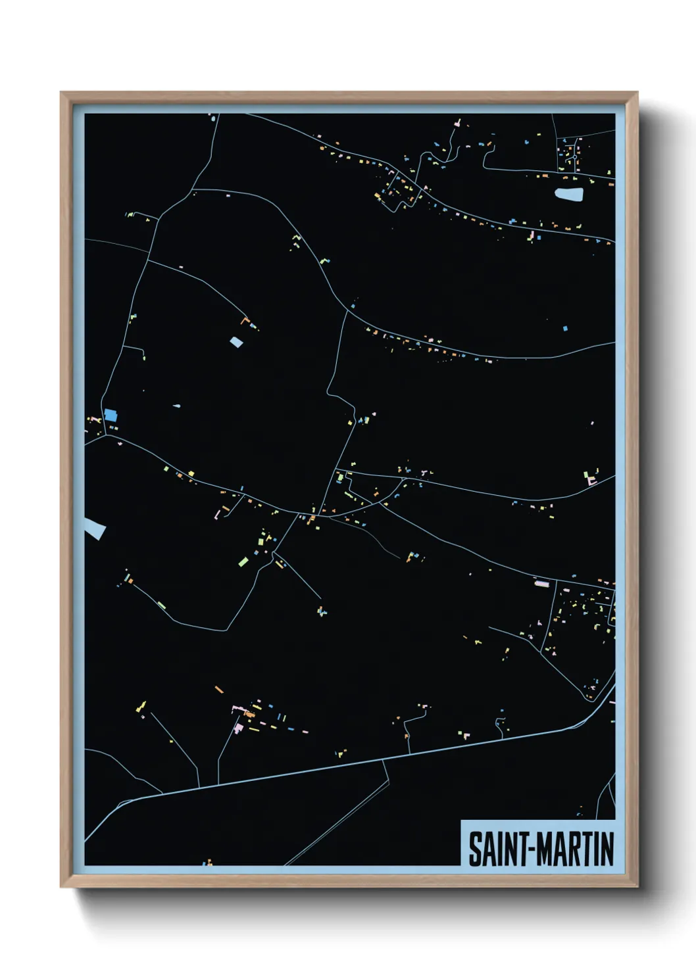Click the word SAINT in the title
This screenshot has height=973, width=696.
coord(493,849)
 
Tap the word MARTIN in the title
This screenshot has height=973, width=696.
coord(576,849)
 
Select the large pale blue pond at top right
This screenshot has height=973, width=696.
coord(569,194)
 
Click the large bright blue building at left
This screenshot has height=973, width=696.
coord(111,415)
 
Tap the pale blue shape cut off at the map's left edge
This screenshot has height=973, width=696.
coord(94,527)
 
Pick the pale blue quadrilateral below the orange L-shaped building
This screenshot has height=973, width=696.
coord(236,342)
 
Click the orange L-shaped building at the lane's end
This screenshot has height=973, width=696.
coord(246,321)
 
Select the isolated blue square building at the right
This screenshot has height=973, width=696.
coord(565,327)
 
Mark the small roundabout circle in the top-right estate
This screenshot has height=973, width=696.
coord(574,157)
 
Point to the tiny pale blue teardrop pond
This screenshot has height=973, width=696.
coord(176,406)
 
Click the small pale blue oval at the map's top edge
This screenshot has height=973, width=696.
coord(212,118)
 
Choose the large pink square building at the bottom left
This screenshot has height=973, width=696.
coord(238,728)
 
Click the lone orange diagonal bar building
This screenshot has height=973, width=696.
coord(219,689)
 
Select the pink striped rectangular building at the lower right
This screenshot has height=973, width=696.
coord(541,582)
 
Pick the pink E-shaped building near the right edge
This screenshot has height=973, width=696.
coord(591,481)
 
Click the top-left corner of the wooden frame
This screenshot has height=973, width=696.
coord(61,93)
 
